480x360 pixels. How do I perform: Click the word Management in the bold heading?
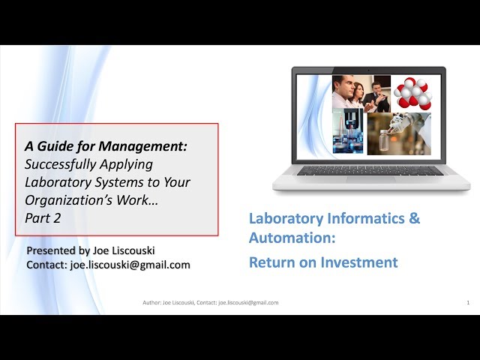pyautogui.click(x=142, y=147)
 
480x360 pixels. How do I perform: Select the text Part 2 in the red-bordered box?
pyautogui.click(x=43, y=218)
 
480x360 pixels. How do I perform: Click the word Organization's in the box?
pyautogui.click(x=67, y=200)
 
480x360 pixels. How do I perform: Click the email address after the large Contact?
pyautogui.click(x=130, y=265)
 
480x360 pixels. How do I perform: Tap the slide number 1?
pyautogui.click(x=468, y=303)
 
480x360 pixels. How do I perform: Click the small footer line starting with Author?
pyautogui.click(x=211, y=303)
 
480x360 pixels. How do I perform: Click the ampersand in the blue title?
pyautogui.click(x=414, y=218)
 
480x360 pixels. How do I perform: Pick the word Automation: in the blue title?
pyautogui.click(x=292, y=238)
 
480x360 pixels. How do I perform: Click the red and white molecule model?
pyautogui.click(x=412, y=94)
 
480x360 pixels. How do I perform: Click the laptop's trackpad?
pyautogui.click(x=371, y=179)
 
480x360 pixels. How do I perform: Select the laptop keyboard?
pyautogui.click(x=370, y=170)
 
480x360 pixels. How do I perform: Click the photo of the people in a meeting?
pyautogui.click(x=361, y=94)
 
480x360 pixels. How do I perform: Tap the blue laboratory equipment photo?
pyautogui.click(x=348, y=130)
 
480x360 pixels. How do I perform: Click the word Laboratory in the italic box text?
pyautogui.click(x=58, y=182)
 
